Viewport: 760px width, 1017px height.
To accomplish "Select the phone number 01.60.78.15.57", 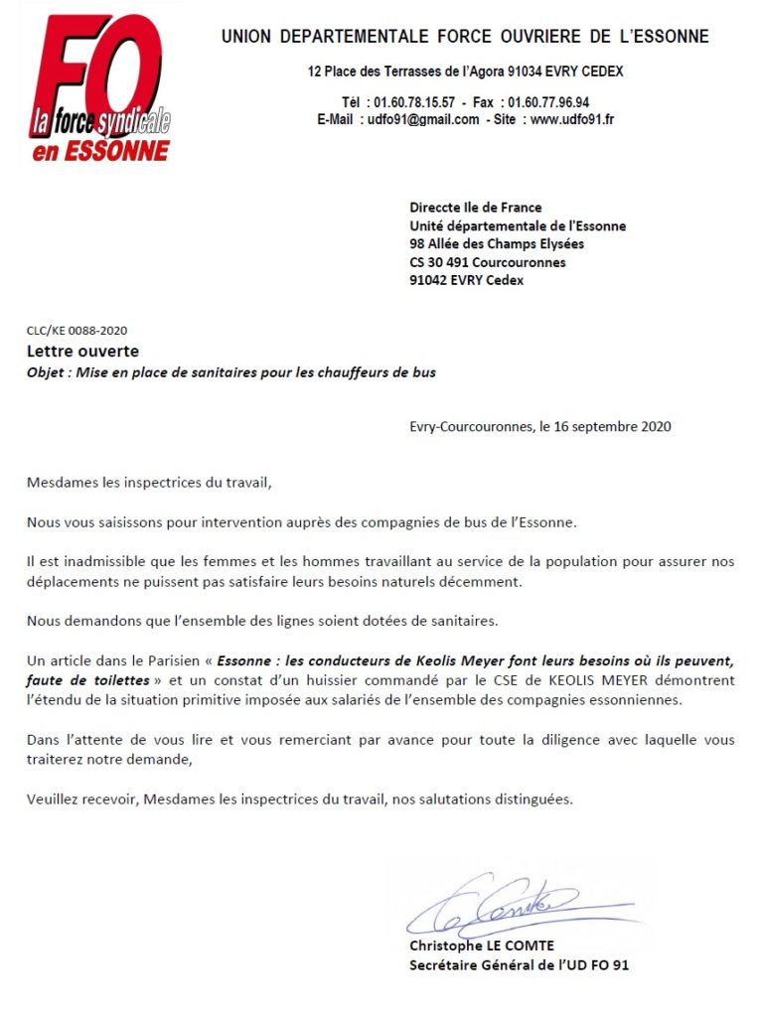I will [x=414, y=102].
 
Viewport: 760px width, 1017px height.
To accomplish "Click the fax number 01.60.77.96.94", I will [x=547, y=102].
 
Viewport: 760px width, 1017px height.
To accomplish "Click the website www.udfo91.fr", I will [x=572, y=119].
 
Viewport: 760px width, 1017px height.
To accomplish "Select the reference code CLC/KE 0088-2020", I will [x=76, y=331].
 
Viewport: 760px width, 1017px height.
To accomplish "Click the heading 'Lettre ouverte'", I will [x=82, y=351].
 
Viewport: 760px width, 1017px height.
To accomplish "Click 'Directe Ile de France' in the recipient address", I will [x=476, y=208].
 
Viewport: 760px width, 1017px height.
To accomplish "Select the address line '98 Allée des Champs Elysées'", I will [x=497, y=244].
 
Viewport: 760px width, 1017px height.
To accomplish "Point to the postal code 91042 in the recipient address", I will [x=429, y=280].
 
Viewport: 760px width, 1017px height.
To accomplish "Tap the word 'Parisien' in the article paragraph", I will [x=175, y=660].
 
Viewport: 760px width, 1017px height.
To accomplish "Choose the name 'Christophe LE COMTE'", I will [x=482, y=945].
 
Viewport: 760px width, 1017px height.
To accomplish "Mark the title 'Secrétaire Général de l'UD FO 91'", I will [x=519, y=964].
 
